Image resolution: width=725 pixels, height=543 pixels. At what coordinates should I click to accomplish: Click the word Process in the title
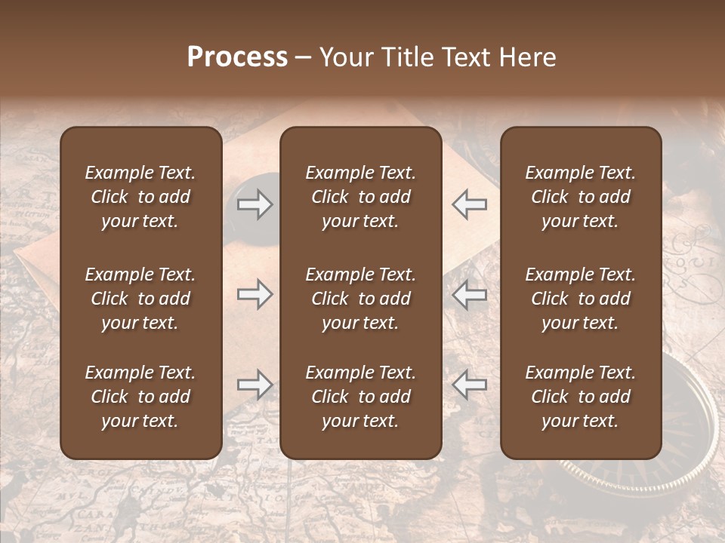237,57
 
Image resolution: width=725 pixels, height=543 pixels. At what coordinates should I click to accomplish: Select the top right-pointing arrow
255,204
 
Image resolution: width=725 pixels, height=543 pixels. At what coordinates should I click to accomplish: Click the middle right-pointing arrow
255,294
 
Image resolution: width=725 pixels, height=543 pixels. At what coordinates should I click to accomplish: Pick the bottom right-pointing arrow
255,385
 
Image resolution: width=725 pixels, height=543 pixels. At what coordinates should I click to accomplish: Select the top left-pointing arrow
469,204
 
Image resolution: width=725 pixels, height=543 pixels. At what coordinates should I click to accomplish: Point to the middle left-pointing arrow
469,294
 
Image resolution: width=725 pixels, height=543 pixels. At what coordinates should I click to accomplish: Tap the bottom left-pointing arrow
469,385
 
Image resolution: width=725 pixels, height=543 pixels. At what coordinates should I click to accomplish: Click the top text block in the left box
140,197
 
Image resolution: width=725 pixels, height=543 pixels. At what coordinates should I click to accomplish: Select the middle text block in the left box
140,299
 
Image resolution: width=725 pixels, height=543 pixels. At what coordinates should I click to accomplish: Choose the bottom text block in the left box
140,397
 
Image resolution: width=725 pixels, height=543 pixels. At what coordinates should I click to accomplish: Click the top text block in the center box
361,197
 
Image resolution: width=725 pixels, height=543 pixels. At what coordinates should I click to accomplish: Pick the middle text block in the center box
361,299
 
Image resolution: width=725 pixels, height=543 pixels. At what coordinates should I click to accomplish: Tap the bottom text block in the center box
361,397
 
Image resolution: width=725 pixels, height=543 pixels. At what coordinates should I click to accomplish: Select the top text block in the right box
581,197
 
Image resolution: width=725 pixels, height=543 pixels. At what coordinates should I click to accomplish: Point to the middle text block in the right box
581,299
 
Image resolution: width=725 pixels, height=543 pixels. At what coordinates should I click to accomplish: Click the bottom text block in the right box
581,397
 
